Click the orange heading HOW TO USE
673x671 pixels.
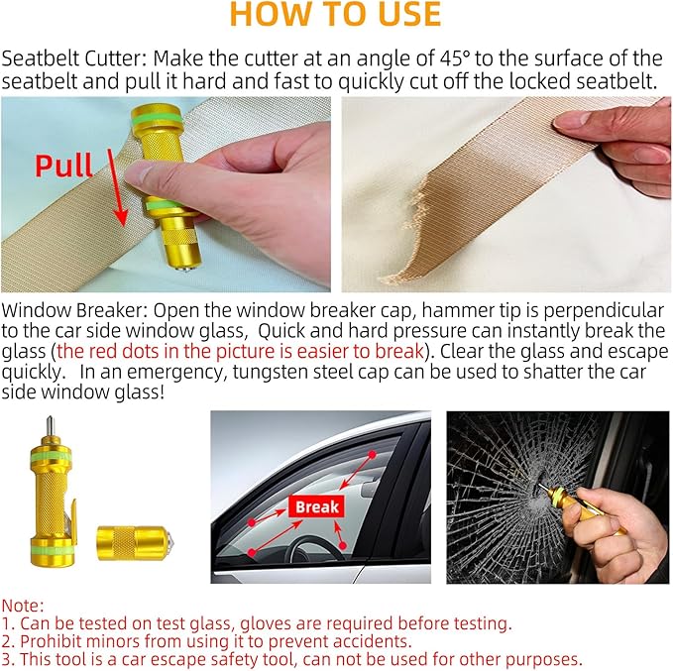click(x=335, y=14)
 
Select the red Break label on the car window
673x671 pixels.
click(x=316, y=506)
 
